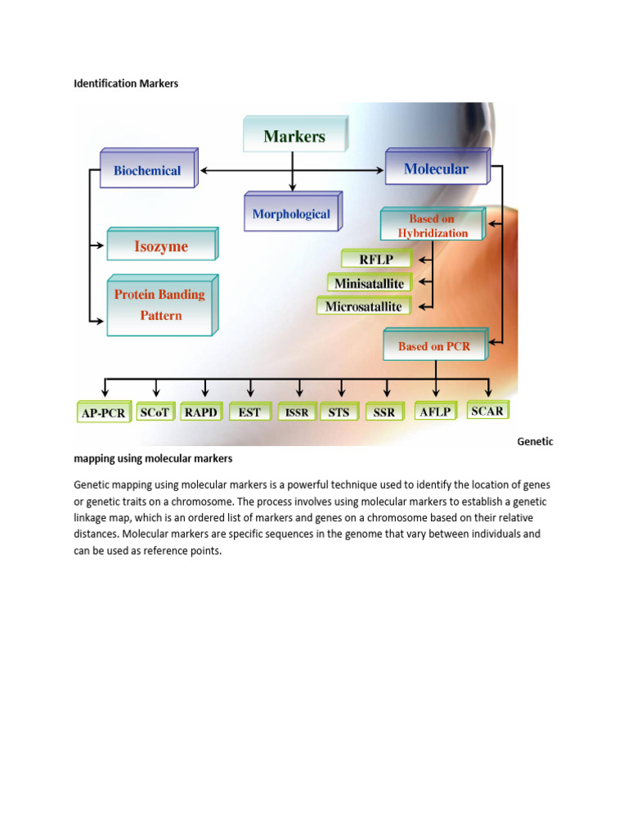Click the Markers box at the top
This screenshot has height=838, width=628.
[x=294, y=136]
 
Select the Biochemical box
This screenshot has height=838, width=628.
[x=147, y=171]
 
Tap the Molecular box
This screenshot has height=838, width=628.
[x=436, y=169]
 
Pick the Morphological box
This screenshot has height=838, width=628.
[x=291, y=214]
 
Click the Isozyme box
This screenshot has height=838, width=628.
[x=161, y=246]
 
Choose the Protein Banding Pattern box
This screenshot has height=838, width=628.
[x=160, y=304]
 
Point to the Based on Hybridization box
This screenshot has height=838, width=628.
[x=432, y=226]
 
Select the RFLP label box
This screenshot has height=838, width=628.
[x=377, y=260]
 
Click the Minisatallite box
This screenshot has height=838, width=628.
[x=370, y=283]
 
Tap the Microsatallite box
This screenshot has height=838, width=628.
[x=363, y=307]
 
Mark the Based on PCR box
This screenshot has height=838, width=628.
[x=434, y=346]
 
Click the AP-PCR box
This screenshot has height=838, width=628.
[x=104, y=412]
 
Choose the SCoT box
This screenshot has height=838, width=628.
[x=155, y=412]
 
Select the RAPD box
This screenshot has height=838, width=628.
[x=200, y=412]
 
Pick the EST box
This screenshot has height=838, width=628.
[x=249, y=412]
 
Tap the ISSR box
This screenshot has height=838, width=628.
[x=297, y=412]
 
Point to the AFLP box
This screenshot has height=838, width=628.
[x=434, y=412]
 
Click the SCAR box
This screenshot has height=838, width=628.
[x=487, y=410]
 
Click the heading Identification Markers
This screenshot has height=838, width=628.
[x=126, y=83]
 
